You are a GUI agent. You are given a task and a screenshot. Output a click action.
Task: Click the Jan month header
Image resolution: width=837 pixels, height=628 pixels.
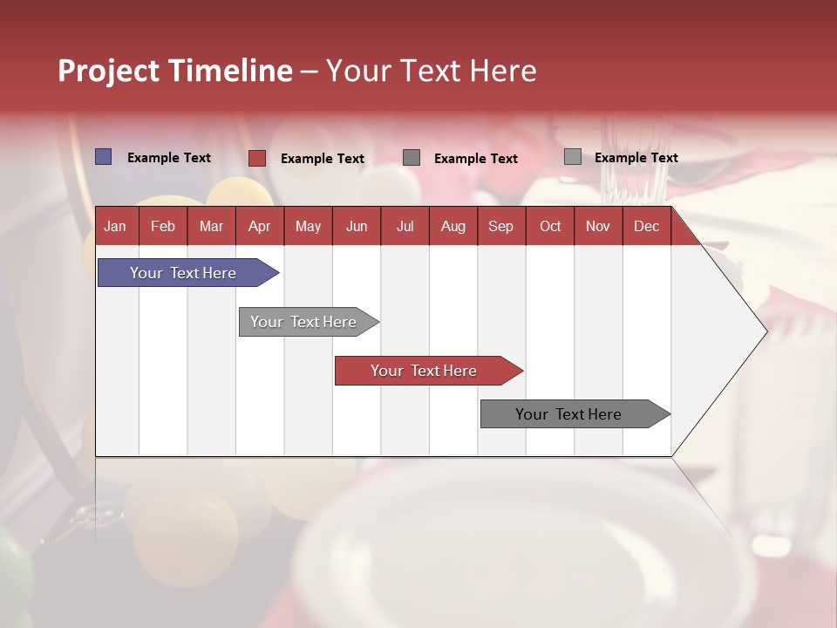click(x=115, y=226)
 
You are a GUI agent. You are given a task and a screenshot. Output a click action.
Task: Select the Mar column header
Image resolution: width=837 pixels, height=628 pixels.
click(x=211, y=226)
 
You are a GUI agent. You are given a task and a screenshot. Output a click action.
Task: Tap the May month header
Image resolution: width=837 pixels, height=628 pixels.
click(x=308, y=226)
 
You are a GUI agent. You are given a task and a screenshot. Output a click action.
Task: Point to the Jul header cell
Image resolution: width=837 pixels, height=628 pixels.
click(x=405, y=226)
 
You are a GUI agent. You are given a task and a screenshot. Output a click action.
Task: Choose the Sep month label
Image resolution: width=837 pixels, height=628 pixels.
click(x=500, y=226)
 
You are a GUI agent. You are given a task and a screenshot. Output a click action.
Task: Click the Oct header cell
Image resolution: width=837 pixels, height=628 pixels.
click(x=550, y=226)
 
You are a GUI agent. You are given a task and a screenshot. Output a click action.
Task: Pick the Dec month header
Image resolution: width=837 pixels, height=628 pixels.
click(x=646, y=226)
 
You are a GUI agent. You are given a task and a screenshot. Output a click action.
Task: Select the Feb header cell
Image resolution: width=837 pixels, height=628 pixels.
click(x=163, y=226)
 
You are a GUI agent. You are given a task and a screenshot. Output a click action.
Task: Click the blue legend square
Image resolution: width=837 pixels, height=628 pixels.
click(x=103, y=157)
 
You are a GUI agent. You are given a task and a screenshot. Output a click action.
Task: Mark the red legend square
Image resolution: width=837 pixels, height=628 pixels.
click(x=256, y=158)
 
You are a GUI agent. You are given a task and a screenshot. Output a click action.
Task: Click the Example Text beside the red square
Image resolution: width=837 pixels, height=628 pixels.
click(x=323, y=159)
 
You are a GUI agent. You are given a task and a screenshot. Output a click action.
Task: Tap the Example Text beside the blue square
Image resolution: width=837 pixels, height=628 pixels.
click(x=169, y=158)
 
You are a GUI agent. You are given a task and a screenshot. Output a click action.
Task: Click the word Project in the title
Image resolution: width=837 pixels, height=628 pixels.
click(x=109, y=72)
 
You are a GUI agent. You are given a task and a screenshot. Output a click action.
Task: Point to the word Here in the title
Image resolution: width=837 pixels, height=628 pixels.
click(x=503, y=71)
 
